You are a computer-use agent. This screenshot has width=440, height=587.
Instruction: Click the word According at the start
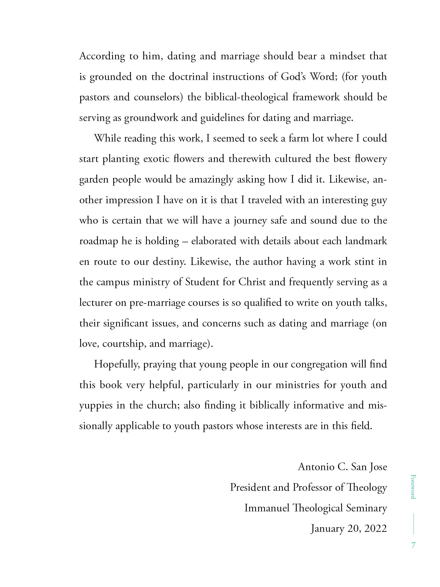tap(102, 56)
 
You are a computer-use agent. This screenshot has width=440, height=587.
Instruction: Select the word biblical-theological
tap(246, 97)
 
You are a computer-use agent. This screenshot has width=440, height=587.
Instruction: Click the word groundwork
tap(151, 118)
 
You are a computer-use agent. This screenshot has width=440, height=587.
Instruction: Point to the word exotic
tap(156, 159)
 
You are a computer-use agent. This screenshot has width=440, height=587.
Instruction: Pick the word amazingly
tap(211, 179)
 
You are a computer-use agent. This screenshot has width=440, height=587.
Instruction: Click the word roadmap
tap(98, 241)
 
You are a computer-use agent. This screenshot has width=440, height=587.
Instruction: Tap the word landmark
tap(366, 241)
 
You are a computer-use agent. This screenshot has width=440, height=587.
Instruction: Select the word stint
tap(362, 262)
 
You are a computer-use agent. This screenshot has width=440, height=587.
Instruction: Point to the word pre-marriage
tap(157, 302)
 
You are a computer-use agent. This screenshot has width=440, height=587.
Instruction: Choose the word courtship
tap(124, 344)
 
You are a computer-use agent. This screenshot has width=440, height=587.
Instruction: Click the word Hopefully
tap(116, 364)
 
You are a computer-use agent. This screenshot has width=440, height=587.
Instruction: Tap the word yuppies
tap(96, 406)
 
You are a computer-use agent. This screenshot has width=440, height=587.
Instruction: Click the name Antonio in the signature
tap(316, 467)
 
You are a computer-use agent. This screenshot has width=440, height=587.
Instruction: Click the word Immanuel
tap(266, 508)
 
